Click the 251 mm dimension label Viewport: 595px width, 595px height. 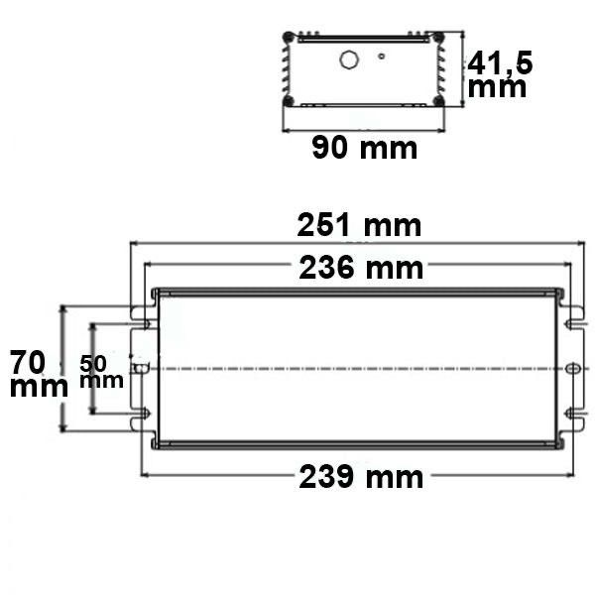click(360, 226)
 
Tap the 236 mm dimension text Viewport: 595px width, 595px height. click(360, 268)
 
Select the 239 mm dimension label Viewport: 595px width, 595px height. click(360, 477)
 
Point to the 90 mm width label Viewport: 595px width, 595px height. click(364, 149)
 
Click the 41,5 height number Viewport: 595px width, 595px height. click(500, 63)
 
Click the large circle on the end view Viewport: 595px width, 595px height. click(349, 59)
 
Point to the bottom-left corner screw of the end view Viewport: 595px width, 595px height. click(289, 100)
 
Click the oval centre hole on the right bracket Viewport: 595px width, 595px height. click(570, 369)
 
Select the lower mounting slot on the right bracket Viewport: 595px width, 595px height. click(572, 415)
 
